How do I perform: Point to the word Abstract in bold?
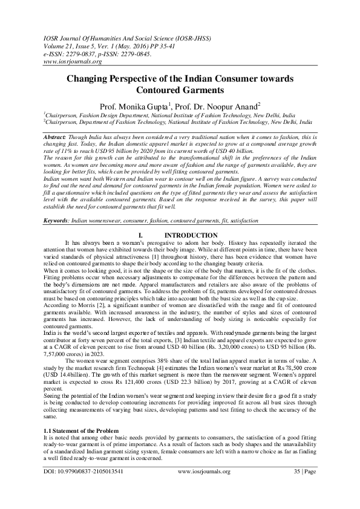click(x=56, y=138)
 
